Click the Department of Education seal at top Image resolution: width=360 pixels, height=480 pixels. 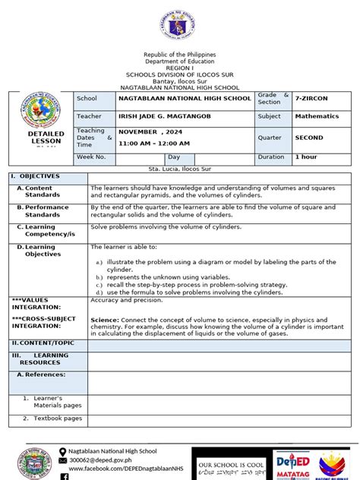pos(180,27)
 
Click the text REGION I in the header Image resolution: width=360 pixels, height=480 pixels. pos(180,68)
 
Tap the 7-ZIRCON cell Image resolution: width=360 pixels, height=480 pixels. pos(312,99)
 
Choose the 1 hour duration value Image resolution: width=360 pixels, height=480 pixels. pos(306,156)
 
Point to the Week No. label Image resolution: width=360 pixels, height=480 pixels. pos(91,156)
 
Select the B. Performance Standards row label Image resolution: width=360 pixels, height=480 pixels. pos(47,210)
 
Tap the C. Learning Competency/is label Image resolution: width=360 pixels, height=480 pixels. pos(47,230)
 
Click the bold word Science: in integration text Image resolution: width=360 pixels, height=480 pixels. pos(105,320)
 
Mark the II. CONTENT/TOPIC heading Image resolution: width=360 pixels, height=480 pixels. pos(43,343)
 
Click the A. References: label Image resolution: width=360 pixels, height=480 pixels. pos(44,374)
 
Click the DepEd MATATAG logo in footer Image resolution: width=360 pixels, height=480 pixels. pos(292,465)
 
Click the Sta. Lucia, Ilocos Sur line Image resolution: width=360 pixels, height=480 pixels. pos(180,167)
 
